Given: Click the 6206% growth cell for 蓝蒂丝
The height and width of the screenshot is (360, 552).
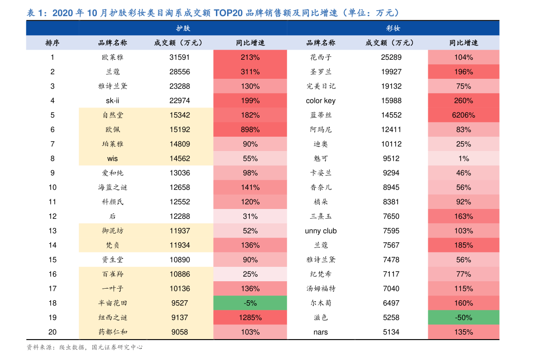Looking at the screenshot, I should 463,115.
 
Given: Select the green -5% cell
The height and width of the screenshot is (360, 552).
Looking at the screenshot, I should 250,303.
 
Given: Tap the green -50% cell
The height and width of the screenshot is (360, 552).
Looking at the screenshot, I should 463,317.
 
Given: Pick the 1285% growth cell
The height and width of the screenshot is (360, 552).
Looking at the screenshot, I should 250,317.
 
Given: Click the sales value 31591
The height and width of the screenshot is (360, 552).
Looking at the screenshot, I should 180,57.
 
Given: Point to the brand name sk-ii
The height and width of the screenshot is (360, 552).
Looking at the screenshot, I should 113,101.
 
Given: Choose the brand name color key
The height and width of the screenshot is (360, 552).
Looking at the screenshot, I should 321,101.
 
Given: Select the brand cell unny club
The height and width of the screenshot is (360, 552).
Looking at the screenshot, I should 321,231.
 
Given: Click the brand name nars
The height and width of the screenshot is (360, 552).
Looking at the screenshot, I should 321,332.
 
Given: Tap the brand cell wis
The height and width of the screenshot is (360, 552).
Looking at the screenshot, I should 113,158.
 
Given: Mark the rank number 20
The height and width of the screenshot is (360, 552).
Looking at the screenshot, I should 52,332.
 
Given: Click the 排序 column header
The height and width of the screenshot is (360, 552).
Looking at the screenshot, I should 52,43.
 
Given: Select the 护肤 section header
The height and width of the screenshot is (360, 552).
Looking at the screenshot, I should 183,28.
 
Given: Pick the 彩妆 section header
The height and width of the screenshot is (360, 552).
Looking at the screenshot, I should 393,28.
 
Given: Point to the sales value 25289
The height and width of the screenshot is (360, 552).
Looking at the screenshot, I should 391,57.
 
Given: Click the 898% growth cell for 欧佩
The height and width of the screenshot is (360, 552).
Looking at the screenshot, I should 250,130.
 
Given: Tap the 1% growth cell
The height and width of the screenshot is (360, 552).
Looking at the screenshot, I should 463,158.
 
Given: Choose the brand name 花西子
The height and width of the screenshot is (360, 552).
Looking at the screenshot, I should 321,57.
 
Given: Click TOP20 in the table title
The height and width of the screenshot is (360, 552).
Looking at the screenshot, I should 228,13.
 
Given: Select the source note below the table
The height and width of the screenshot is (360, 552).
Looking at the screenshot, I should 84,347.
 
